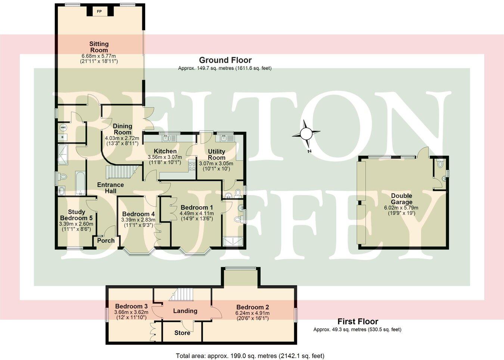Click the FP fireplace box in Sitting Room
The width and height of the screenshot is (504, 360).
[99, 11]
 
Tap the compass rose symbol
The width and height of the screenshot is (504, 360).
[306, 133]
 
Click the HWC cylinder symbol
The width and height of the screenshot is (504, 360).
[62, 128]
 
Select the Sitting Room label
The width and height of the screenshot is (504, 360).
[99, 47]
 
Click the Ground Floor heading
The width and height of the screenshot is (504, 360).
[225, 60]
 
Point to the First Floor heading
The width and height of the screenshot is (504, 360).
[358, 321]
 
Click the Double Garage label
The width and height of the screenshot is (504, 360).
[402, 199]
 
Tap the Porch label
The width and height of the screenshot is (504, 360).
[106, 241]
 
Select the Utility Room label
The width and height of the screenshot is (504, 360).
[217, 154]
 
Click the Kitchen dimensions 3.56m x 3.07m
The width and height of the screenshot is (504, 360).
[165, 157]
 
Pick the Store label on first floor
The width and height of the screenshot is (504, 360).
[182, 333]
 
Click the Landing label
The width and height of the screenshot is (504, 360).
[185, 311]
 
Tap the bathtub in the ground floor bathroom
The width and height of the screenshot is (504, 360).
[80, 183]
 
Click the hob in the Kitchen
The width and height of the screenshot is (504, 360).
[192, 165]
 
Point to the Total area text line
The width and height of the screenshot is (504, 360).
[250, 356]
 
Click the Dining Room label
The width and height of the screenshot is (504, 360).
[122, 129]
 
